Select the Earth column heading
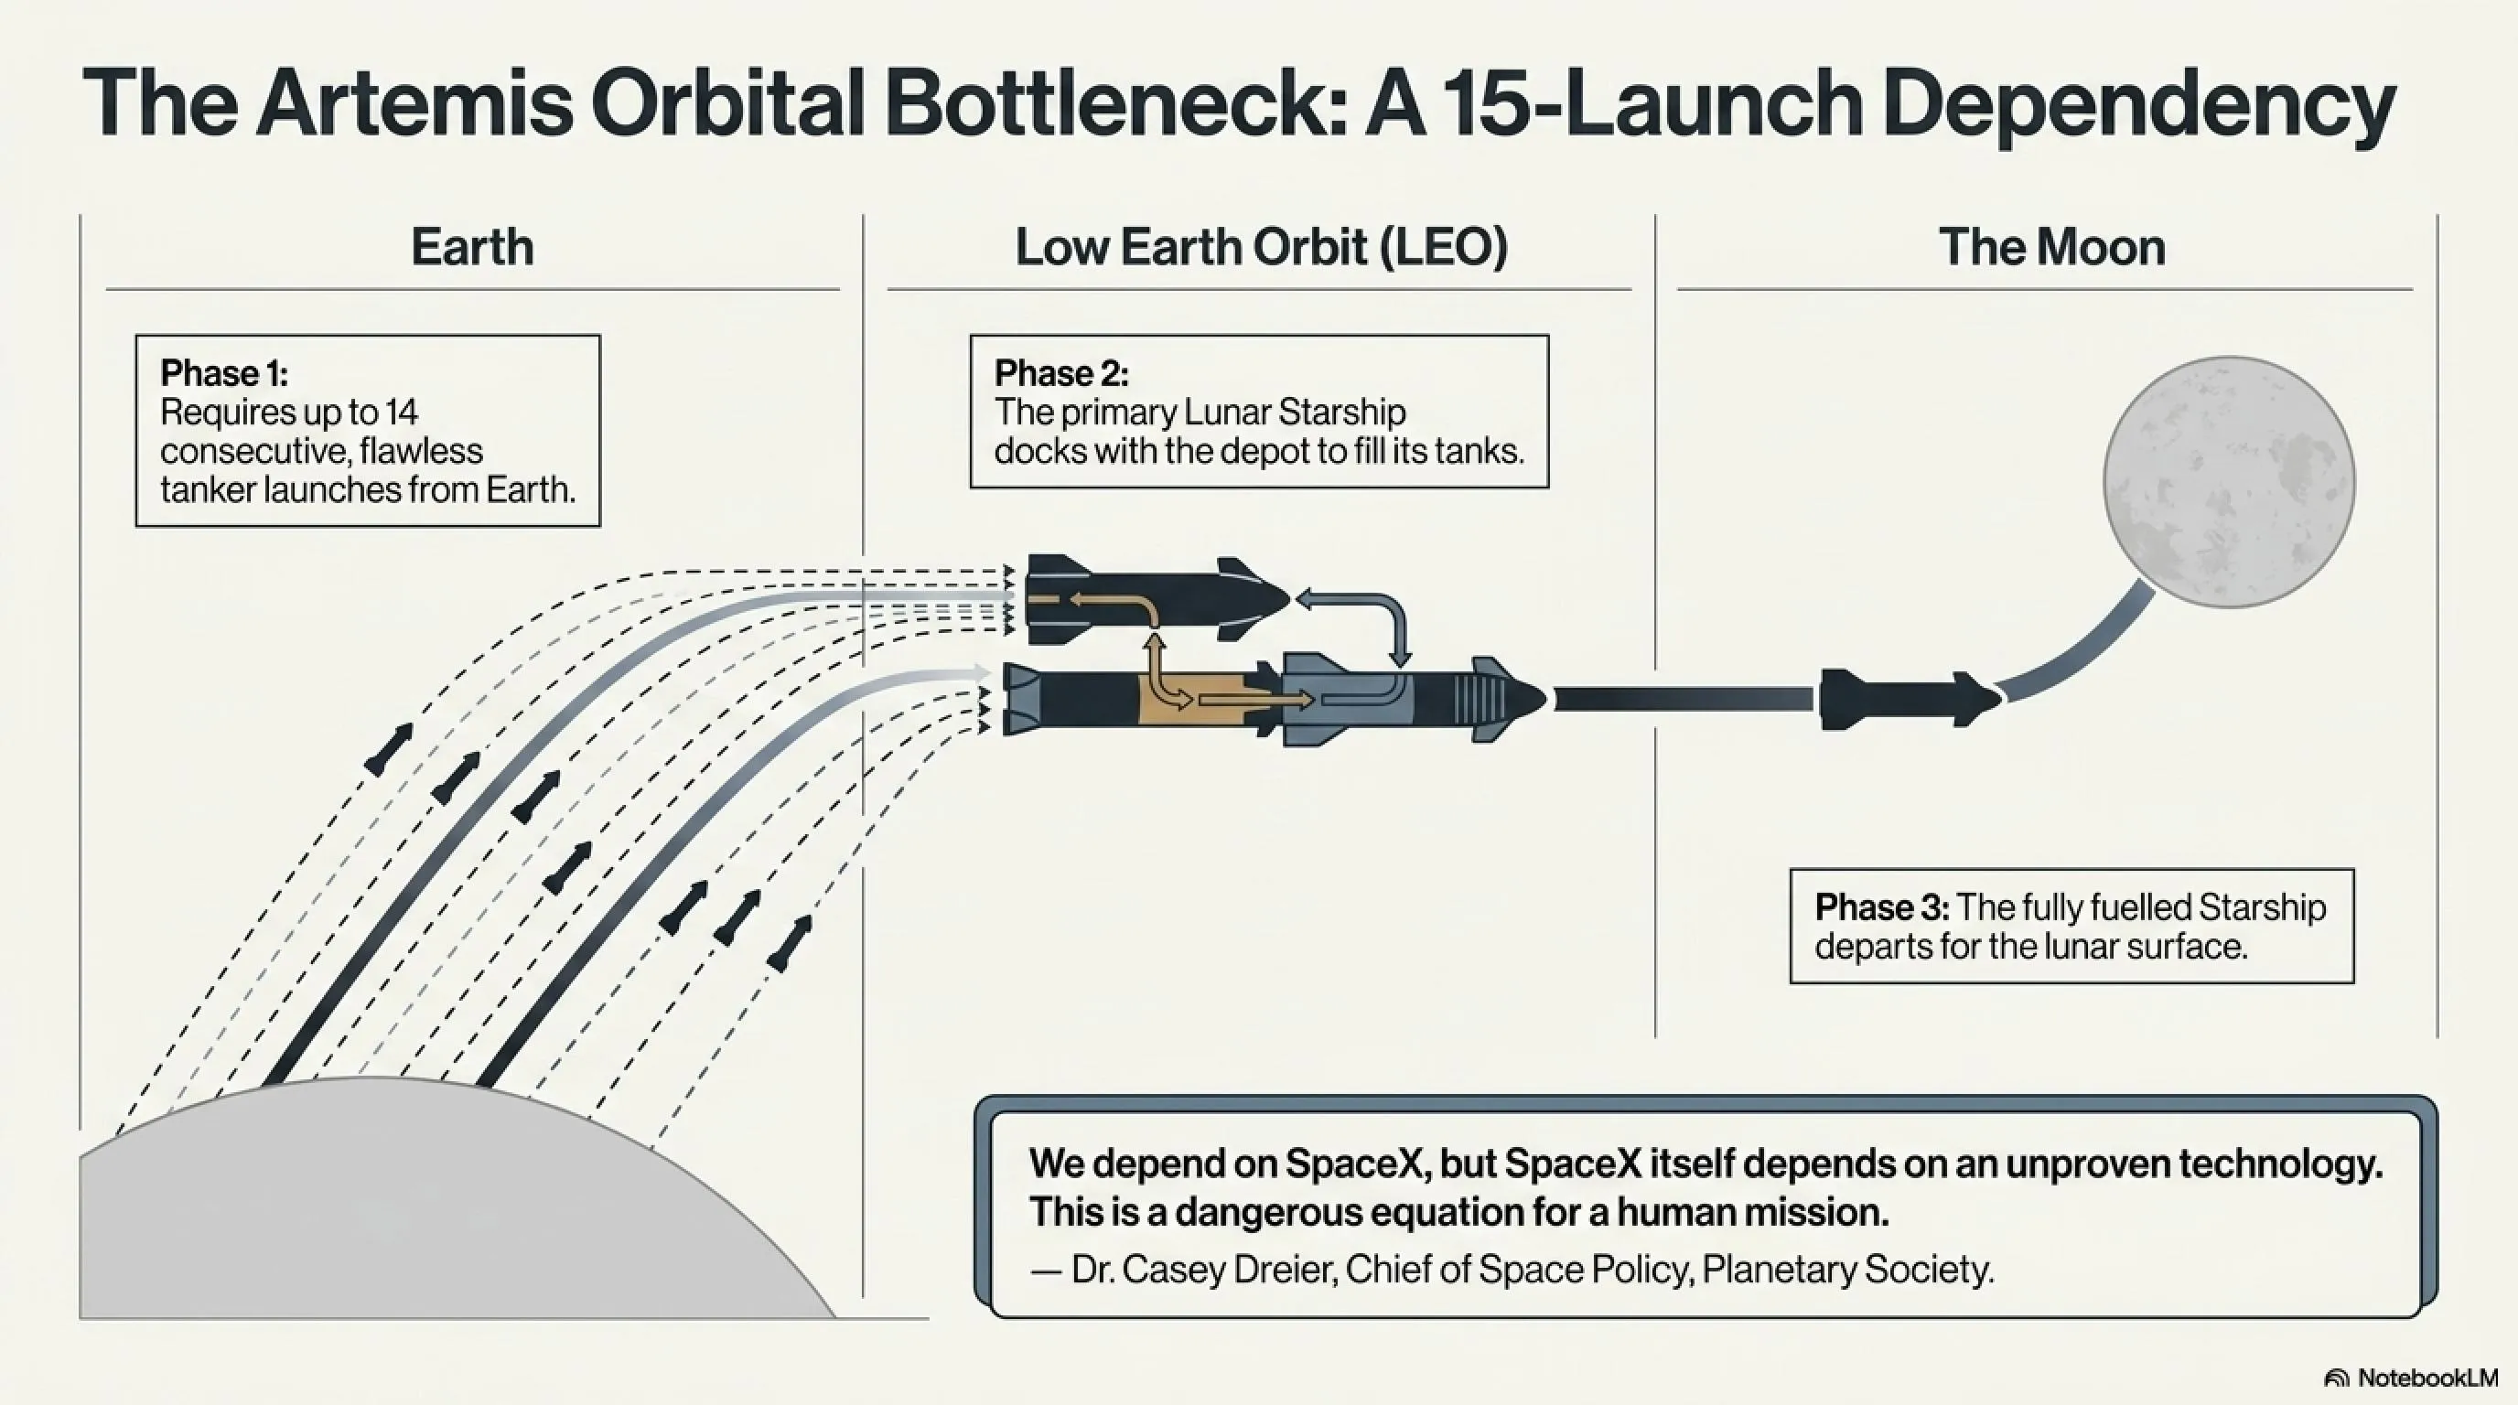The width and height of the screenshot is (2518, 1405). (472, 246)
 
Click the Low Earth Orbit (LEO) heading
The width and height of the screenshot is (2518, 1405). (1261, 246)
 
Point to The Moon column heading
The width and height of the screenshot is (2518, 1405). (2051, 246)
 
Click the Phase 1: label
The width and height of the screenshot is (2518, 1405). (224, 373)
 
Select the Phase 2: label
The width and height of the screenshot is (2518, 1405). (1061, 373)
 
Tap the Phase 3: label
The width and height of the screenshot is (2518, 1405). (1882, 907)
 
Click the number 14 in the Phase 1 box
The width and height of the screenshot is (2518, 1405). (401, 413)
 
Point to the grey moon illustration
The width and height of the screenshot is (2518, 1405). (2229, 482)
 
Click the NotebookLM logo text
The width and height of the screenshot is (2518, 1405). (2427, 1378)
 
